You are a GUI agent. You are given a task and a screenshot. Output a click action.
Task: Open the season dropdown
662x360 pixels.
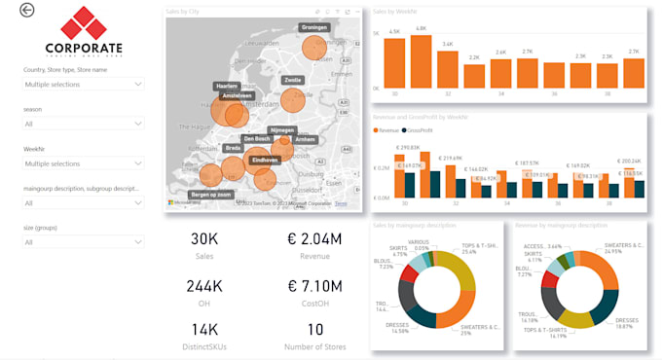pos(84,124)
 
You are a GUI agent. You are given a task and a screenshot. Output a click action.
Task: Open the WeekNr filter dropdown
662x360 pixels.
pos(84,163)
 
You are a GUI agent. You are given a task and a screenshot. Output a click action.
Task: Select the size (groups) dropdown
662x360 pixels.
pos(84,241)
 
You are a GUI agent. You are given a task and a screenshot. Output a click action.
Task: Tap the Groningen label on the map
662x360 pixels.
pos(313,27)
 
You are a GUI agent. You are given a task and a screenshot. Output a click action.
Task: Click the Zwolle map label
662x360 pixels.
pos(292,80)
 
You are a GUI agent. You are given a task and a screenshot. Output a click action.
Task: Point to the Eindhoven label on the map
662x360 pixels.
pos(264,159)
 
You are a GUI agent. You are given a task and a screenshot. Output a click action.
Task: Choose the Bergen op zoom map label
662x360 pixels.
pos(210,195)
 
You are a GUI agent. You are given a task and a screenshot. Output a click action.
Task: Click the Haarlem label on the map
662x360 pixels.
pos(227,86)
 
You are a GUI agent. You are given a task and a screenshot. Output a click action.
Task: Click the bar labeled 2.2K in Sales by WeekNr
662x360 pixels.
pos(474,76)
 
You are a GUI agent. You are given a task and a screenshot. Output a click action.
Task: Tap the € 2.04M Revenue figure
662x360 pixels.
pos(314,239)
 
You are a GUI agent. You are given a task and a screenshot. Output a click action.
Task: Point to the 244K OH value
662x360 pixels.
pos(204,286)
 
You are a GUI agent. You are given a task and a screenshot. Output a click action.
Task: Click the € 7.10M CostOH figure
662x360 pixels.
pos(314,286)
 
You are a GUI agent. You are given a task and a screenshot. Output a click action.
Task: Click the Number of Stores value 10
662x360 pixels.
pos(314,331)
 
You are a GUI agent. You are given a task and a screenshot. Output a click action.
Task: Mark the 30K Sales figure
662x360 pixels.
pos(204,239)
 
